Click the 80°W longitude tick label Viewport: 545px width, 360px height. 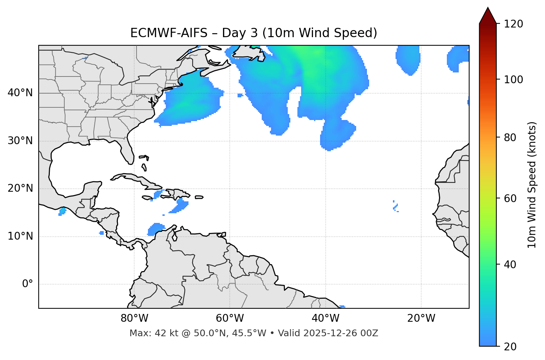click(x=134, y=318)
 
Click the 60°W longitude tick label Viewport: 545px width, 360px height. click(x=230, y=318)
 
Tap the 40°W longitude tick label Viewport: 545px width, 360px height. click(x=325, y=318)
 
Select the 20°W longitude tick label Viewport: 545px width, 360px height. click(x=421, y=318)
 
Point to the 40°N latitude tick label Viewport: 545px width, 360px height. click(x=20, y=93)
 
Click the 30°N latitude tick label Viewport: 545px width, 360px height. click(x=20, y=141)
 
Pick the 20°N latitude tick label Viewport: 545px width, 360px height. click(x=20, y=188)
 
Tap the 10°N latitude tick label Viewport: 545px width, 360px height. click(x=20, y=236)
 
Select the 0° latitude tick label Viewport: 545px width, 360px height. click(x=28, y=284)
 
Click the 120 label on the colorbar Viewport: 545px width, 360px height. click(x=514, y=24)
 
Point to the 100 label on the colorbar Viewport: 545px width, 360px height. click(x=514, y=80)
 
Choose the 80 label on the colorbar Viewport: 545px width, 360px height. click(x=511, y=137)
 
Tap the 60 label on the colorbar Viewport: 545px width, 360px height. click(x=511, y=198)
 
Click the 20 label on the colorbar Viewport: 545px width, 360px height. click(x=511, y=347)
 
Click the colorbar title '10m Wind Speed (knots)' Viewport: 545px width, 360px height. click(x=532, y=185)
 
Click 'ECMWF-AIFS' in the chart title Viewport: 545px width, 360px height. click(x=169, y=33)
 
